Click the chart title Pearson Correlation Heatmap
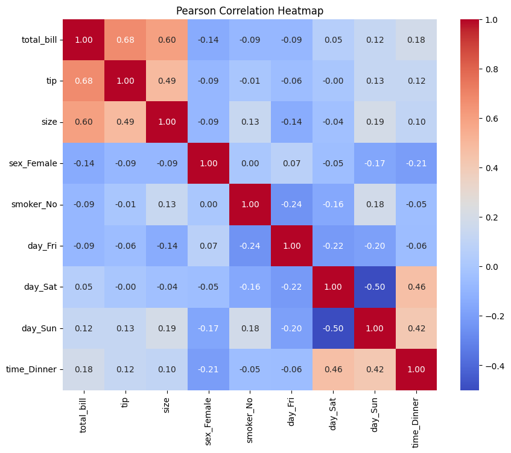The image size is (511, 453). pos(250,11)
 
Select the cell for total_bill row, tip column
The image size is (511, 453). pos(125,40)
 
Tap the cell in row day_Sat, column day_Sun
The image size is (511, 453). pos(375,287)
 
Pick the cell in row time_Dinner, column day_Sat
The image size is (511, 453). pos(333,369)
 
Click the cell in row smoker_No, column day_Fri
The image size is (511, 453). pos(291,204)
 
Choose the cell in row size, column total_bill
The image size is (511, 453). pos(84,122)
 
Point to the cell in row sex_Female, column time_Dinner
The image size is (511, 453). pos(416,163)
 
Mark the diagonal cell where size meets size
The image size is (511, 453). pos(167,122)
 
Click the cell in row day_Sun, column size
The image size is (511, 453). pos(167,328)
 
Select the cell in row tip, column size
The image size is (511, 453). pos(167,81)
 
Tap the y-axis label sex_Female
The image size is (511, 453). pos(33,163)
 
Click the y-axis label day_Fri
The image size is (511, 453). pos(42,246)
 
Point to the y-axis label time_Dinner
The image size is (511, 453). pos(31,369)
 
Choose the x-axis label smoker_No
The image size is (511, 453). pos(250,420)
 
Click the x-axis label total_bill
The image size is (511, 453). pos(83,415)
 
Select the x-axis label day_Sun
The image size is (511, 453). pos(374,415)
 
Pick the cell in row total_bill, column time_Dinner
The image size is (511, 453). pos(416,40)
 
